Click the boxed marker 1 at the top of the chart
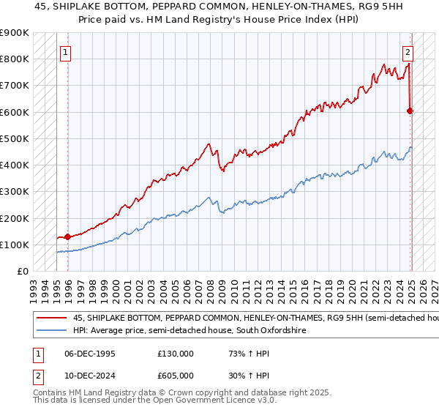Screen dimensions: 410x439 (66, 52)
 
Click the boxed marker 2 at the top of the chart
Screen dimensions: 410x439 (408, 52)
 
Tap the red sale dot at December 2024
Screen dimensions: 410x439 (410, 111)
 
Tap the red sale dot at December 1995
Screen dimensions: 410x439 (68, 236)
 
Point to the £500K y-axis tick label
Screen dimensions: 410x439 (15, 138)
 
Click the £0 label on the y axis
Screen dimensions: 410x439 (23, 271)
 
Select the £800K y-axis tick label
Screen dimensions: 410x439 (15, 59)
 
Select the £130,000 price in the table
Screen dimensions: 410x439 (176, 354)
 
